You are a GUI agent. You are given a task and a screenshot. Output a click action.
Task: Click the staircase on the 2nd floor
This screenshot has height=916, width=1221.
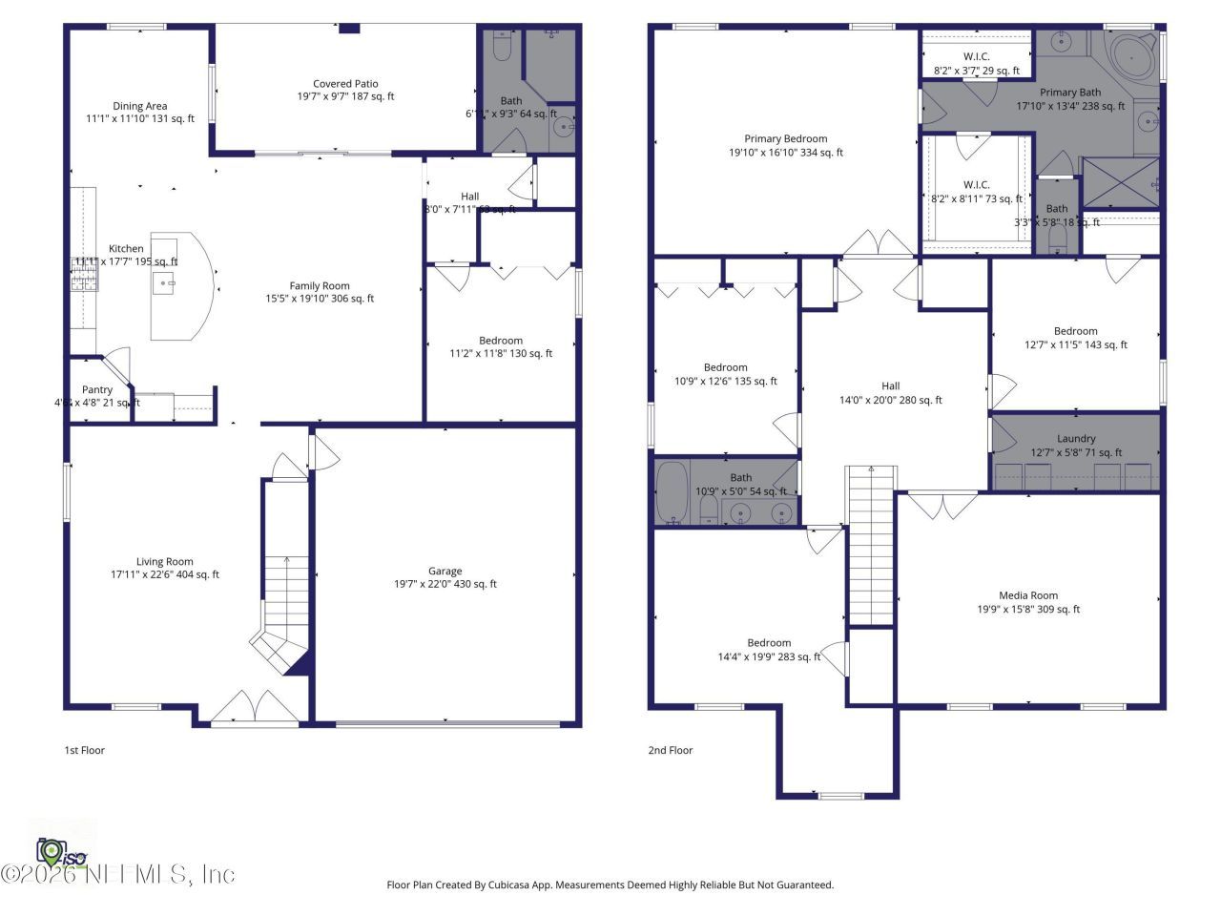(872, 544)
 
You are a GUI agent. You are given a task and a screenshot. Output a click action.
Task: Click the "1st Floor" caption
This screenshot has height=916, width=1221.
(84, 750)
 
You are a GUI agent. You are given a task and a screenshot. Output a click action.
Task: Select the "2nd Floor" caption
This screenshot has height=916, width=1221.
(670, 750)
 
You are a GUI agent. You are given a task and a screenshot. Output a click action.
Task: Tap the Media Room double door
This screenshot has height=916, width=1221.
(942, 504)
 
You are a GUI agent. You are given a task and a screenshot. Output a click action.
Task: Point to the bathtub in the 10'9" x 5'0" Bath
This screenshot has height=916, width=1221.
(672, 493)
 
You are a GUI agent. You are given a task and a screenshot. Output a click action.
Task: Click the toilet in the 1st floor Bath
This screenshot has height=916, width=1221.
(503, 49)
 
